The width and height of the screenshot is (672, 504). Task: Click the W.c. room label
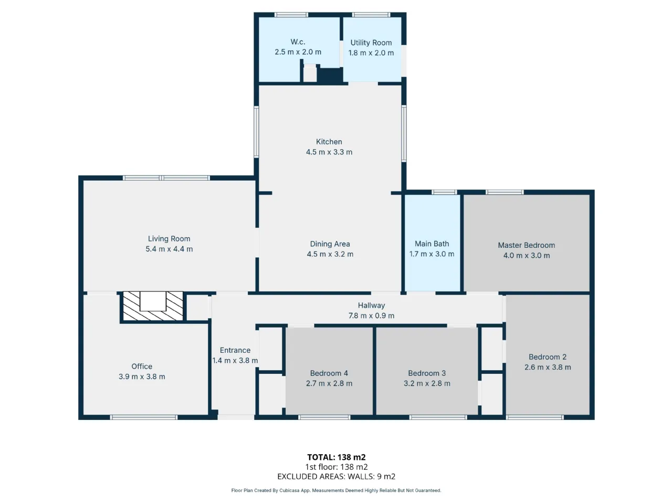298,41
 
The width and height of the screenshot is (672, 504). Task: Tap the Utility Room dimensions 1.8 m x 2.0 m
371,53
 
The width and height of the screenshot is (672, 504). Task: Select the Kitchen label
329,142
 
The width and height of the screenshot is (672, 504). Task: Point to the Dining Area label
330,244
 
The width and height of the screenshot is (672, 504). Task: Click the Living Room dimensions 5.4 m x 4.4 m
169,249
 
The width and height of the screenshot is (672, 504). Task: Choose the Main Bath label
432,244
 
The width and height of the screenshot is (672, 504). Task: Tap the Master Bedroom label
526,245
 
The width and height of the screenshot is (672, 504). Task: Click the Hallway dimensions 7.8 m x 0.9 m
371,316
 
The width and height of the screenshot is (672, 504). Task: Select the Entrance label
235,350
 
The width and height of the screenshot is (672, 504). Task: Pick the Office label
142,366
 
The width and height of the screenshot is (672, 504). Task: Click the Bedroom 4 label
329,373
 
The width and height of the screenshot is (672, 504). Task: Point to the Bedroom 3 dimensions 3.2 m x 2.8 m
427,383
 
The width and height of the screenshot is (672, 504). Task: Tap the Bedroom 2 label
548,357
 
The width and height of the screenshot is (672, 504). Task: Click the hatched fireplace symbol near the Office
153,306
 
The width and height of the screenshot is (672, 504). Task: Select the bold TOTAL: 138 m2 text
336,457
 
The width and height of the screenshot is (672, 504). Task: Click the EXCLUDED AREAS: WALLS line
336,477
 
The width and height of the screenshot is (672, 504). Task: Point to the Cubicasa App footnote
336,490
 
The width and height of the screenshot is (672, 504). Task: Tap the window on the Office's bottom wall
143,417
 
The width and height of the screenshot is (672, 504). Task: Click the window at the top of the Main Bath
444,192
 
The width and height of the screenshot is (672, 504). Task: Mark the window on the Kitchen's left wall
256,132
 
